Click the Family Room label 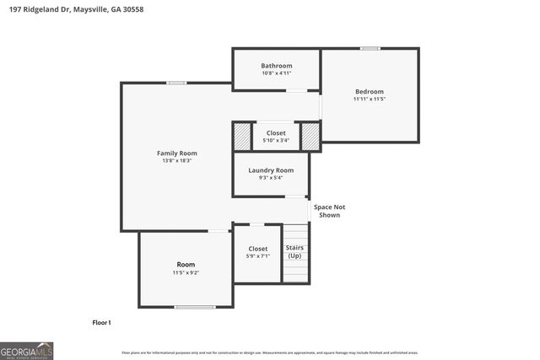click(177, 153)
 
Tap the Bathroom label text click(276, 66)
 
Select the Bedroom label click(369, 91)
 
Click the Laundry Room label click(271, 170)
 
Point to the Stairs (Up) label click(294, 251)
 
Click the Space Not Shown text click(329, 211)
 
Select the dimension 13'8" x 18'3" click(177, 160)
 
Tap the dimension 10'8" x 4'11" click(276, 73)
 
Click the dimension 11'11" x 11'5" click(369, 99)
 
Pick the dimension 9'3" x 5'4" click(271, 178)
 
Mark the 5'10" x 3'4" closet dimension click(276, 140)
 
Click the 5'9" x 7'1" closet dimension click(257, 256)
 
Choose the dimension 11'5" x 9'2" click(186, 272)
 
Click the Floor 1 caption click(101, 322)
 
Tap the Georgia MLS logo click(27, 350)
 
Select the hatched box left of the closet click(242, 136)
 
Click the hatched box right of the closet click(310, 136)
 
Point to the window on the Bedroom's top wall click(370, 48)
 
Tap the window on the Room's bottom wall click(194, 307)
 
